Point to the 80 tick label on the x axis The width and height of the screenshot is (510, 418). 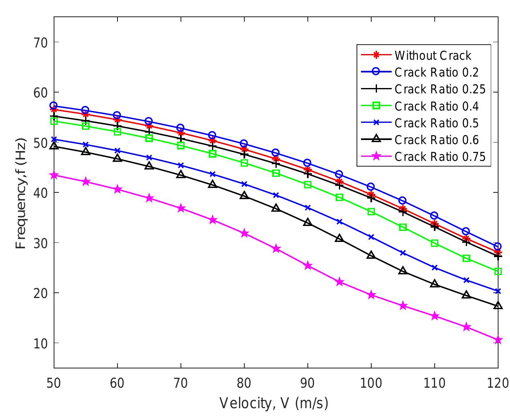coord(244,383)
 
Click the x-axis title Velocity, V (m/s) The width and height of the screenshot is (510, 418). coord(274,403)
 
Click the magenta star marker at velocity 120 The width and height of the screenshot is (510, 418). coord(498,340)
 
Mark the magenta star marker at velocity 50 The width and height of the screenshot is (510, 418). coord(54,175)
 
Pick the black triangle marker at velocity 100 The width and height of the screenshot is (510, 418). coord(371,255)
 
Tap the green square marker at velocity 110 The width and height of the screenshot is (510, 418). coord(434,243)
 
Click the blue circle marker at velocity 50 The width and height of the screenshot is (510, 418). coord(54,106)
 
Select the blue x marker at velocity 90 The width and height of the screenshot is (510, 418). coord(307,208)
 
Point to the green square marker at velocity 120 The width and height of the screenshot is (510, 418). coord(498,271)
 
